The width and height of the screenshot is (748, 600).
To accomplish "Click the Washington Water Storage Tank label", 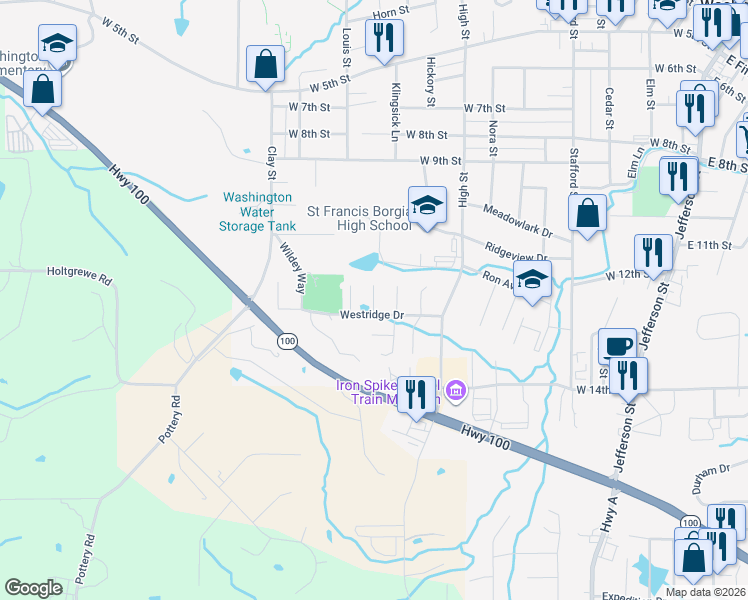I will [x=257, y=212].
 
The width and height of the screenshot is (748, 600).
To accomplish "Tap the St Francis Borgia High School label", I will [x=359, y=218].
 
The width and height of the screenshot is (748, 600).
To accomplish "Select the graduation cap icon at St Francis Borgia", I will [x=427, y=206].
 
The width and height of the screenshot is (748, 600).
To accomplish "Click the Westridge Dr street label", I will [x=371, y=315].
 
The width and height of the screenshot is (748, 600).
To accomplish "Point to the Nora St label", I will [x=493, y=139].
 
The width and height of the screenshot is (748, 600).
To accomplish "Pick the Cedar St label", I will [x=608, y=107].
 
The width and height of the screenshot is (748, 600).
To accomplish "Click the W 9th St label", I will [x=441, y=160].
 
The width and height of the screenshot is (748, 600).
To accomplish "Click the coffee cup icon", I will [x=617, y=346].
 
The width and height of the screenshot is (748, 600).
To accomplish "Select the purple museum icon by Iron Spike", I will [x=456, y=390].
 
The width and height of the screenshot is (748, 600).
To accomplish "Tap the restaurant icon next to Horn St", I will [x=384, y=37].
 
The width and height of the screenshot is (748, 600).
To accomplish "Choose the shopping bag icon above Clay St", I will [x=265, y=65].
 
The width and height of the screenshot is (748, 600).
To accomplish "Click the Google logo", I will [x=34, y=588].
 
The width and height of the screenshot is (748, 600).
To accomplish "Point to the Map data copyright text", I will [x=705, y=592].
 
